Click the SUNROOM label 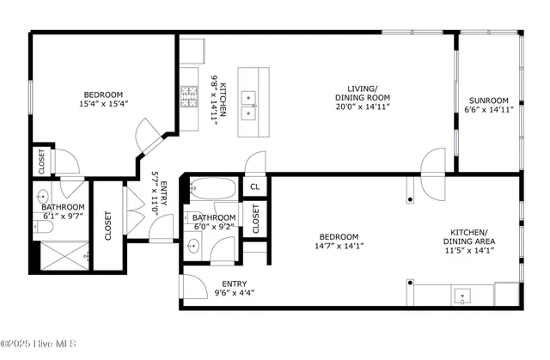tap(487, 99)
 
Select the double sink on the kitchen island tap(248, 105)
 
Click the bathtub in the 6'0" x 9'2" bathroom tap(211, 187)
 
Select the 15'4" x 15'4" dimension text tap(103, 105)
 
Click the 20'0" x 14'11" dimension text tap(363, 107)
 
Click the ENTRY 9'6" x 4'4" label tap(235, 288)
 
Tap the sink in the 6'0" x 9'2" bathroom tap(194, 247)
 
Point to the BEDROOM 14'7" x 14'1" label tap(339, 241)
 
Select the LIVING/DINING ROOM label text tap(363, 93)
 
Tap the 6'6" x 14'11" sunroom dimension tap(488, 110)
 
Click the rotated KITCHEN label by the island tap(223, 101)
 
